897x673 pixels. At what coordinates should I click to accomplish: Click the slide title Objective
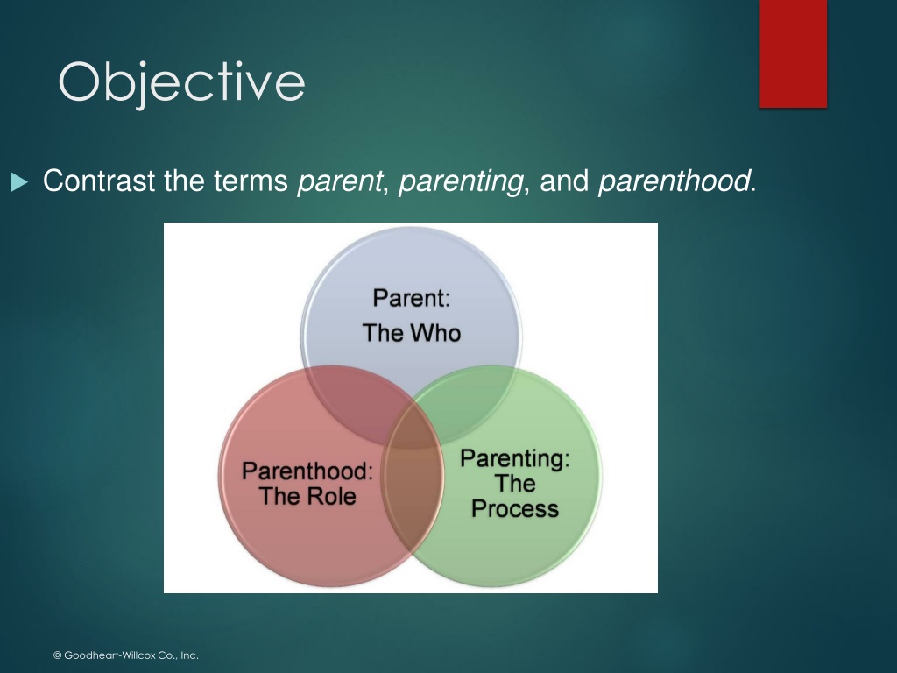181,83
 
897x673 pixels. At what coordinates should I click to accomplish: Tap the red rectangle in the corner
793,53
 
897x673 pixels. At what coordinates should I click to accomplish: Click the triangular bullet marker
19,182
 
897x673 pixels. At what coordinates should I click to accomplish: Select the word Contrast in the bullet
99,181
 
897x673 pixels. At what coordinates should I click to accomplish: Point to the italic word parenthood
674,181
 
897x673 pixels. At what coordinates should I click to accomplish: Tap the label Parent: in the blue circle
412,298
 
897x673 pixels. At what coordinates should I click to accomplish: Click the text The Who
412,333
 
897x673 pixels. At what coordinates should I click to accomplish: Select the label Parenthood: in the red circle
307,471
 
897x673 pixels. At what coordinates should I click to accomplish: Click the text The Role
307,496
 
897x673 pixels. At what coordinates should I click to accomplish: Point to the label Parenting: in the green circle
515,459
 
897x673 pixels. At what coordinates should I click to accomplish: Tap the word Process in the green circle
515,509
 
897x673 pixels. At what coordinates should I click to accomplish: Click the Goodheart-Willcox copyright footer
126,655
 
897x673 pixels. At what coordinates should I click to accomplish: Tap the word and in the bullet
564,181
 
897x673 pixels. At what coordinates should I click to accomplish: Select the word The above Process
515,484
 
